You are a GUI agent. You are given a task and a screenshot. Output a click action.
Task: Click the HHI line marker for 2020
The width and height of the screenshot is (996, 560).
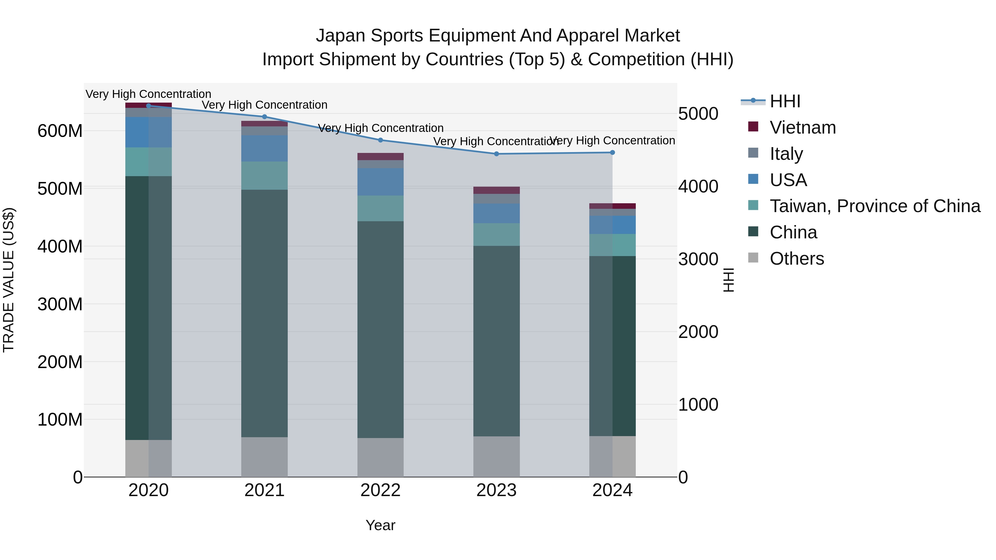[x=149, y=106]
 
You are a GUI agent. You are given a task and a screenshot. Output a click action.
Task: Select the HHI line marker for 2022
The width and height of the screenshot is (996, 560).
[x=380, y=140]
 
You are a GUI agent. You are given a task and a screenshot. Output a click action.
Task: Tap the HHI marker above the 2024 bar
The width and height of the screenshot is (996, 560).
[x=613, y=153]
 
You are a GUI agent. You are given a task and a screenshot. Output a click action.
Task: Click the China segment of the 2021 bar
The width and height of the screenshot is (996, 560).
[x=264, y=313]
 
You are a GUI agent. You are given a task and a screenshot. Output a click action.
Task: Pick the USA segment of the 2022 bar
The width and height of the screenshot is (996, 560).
[x=380, y=182]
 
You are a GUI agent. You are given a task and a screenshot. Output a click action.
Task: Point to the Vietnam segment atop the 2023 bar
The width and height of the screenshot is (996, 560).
[x=496, y=190]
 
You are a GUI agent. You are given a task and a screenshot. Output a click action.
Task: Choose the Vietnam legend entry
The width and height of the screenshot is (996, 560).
[x=803, y=127]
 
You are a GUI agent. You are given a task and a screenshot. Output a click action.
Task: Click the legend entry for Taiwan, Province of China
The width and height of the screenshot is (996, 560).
[x=875, y=206]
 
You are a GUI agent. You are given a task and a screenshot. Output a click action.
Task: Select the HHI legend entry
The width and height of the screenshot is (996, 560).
[x=785, y=101]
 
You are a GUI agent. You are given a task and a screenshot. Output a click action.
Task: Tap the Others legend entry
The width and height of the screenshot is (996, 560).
[x=797, y=259]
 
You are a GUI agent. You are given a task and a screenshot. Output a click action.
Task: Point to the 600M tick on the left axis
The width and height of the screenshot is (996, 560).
[x=60, y=131]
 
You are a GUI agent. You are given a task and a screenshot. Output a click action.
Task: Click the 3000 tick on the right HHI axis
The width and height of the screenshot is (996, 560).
[x=698, y=259]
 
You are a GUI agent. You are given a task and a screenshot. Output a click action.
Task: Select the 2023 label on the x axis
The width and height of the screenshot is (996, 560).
[x=496, y=490]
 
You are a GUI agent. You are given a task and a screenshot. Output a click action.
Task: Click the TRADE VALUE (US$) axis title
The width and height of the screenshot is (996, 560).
[x=9, y=280]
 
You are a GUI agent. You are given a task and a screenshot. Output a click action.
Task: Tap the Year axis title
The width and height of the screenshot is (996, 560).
[x=380, y=525]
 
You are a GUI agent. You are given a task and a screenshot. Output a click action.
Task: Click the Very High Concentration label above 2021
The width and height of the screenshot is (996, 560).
[x=264, y=105]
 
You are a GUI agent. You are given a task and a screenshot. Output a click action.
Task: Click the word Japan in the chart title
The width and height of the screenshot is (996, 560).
[x=340, y=36]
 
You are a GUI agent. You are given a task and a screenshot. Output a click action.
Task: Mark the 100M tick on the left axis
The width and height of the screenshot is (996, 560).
[x=60, y=419]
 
